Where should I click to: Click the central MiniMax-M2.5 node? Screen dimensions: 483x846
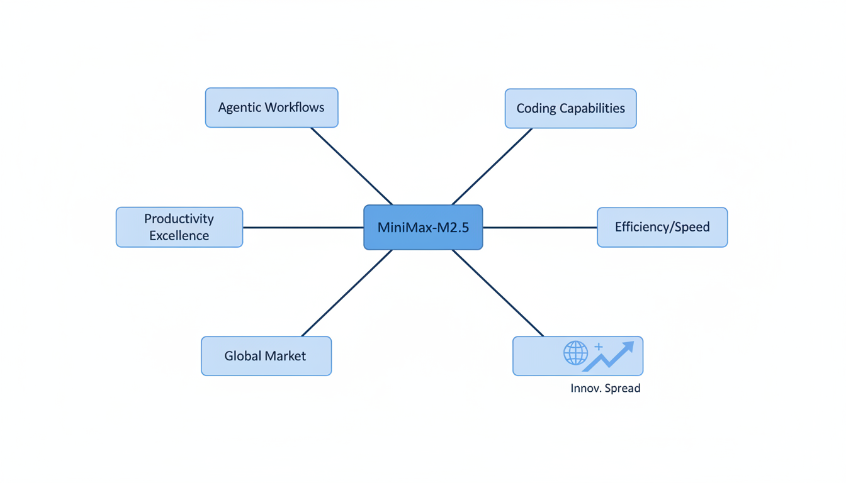(x=423, y=228)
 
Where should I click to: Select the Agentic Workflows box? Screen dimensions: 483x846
(x=271, y=108)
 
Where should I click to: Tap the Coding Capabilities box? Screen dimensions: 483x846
(x=570, y=109)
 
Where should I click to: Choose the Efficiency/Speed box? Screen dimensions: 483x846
(x=662, y=227)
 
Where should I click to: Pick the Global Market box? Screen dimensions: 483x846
(x=266, y=356)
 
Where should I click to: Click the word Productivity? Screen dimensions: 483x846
(x=179, y=219)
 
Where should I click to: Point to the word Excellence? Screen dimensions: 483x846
(x=179, y=236)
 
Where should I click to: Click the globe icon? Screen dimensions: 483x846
(x=575, y=353)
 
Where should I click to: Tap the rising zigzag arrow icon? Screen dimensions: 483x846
(x=609, y=357)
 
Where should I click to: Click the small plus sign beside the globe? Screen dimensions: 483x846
(x=599, y=347)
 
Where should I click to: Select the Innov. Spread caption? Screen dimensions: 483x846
(x=605, y=389)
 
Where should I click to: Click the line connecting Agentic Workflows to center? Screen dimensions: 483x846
(x=351, y=165)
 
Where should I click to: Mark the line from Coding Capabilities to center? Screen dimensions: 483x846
(x=492, y=166)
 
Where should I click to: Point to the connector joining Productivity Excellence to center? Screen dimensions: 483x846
(x=303, y=228)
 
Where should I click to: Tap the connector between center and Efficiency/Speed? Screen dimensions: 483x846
(x=539, y=228)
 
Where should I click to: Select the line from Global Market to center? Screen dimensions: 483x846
(x=347, y=293)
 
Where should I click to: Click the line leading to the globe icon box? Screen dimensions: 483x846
(x=498, y=293)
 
